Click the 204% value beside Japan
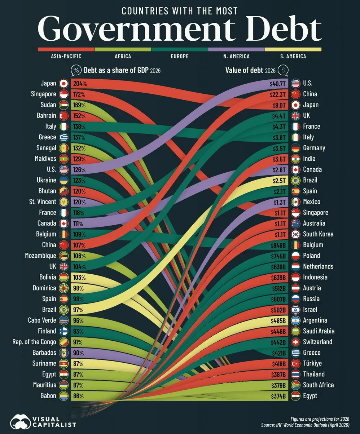click(x=80, y=84)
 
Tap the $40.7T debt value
click(x=278, y=84)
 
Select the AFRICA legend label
click(x=123, y=56)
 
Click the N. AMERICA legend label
click(x=236, y=56)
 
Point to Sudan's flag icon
click(x=63, y=105)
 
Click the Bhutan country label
click(x=47, y=191)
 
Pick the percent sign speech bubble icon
click(x=76, y=71)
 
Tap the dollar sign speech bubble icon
click(x=283, y=71)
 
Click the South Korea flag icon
click(x=295, y=234)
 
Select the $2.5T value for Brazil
click(x=279, y=181)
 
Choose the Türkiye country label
click(x=312, y=363)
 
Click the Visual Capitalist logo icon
click(x=21, y=422)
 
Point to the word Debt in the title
click(x=284, y=29)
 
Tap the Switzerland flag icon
click(x=295, y=342)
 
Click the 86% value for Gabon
click(x=78, y=396)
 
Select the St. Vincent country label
click(x=43, y=201)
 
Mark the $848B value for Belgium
click(x=278, y=245)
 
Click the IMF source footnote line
click(x=305, y=425)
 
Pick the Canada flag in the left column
click(x=63, y=223)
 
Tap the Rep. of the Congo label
click(x=34, y=342)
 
